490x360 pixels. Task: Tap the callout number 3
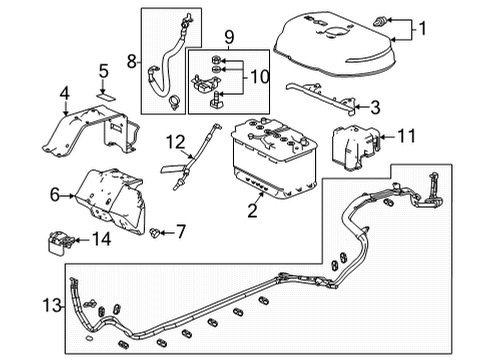[x=374, y=107]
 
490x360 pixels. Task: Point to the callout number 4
[x=64, y=95]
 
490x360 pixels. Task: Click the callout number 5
[x=102, y=70]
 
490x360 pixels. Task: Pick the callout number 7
[x=180, y=232]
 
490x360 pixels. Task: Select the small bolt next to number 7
[x=155, y=232]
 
